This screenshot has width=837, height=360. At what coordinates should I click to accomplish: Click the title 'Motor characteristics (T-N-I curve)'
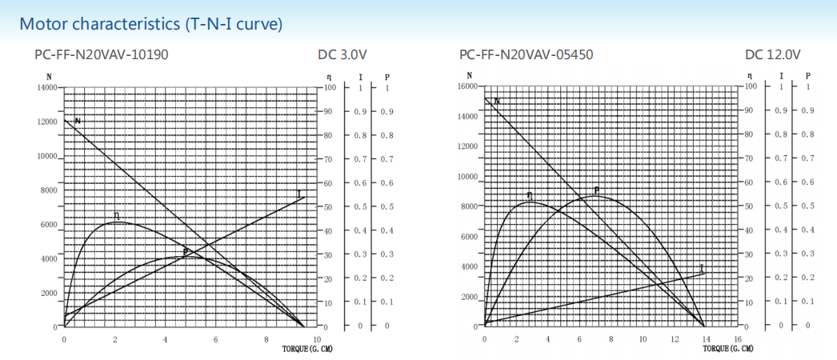point(151,23)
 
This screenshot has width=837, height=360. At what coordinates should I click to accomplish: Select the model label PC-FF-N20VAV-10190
point(102,55)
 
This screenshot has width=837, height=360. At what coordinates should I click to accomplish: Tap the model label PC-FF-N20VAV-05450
point(526,55)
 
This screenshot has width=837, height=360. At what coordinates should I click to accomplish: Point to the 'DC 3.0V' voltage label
point(342,55)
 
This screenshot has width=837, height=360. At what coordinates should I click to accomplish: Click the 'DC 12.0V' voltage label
point(772,55)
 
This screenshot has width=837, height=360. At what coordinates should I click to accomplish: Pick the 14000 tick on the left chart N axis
point(45,86)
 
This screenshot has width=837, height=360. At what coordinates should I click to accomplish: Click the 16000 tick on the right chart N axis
point(467,86)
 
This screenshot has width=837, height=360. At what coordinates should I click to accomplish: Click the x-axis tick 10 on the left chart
point(318,339)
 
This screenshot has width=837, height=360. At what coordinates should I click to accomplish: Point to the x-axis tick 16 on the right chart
point(737,339)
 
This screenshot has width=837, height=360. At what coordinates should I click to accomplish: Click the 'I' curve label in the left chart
point(298,194)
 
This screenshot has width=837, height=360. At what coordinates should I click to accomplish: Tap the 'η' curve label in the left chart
point(117,216)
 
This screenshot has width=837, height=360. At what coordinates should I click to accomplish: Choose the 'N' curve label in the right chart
point(497,102)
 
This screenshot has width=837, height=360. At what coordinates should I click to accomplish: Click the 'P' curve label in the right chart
point(596,190)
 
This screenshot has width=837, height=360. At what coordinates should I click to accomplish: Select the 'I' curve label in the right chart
point(701,268)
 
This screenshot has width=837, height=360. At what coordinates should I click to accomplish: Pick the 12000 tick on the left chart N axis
point(45,122)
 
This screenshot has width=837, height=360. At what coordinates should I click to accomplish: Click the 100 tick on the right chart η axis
point(750,86)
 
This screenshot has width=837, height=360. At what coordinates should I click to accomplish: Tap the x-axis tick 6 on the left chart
point(216,339)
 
